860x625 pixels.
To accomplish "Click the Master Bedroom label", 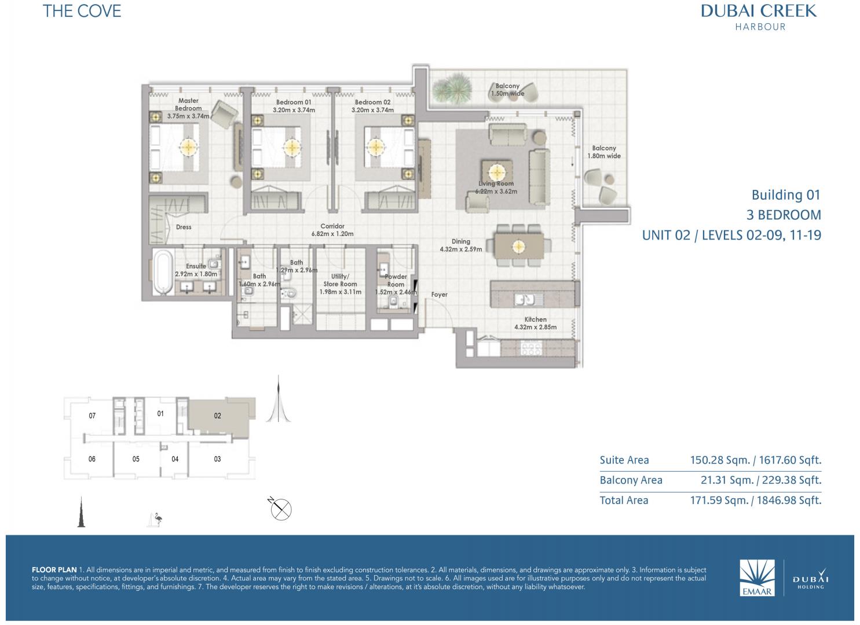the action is pos(188,104).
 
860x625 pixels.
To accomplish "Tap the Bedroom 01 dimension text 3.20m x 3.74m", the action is pos(294,110).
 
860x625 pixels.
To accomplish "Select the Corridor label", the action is pos(332,226).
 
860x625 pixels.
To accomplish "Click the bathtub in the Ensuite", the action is pos(163,271).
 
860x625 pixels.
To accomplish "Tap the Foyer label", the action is pos(439,295).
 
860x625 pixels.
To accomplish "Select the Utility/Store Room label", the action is pos(340,280).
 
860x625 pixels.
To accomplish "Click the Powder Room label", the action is pos(396,281).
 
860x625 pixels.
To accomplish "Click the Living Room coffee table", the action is pos(496,171).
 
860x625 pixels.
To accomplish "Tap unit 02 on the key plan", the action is pos(218,416).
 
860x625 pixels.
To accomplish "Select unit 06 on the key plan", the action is pos(92,459).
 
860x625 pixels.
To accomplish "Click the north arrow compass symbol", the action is pos(280,509).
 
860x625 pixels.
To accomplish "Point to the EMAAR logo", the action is pos(757,578).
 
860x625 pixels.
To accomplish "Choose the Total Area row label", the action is pos(624,501).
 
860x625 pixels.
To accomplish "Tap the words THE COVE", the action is pos(82,11).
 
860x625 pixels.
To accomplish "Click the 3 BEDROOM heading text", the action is pos(784,215).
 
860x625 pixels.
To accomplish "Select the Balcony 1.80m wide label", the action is pos(604,152).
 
